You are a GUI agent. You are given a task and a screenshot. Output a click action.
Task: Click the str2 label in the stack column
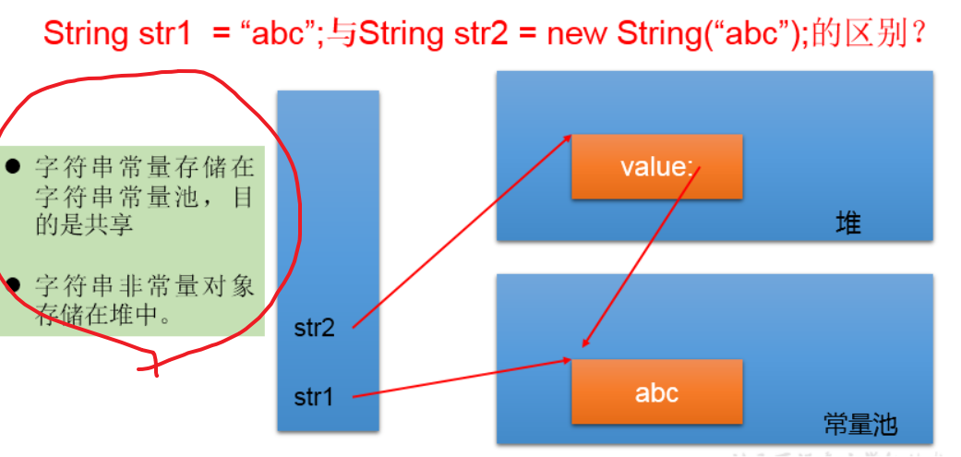pos(315,329)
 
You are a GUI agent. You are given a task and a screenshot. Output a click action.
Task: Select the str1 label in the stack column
pos(313,398)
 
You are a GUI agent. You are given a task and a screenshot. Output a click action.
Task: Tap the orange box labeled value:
pos(656,166)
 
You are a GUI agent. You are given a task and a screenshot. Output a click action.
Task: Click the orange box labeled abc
pos(656,392)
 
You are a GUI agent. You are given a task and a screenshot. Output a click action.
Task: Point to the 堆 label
pos(848,224)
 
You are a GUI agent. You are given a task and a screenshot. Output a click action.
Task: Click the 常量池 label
pos(860,424)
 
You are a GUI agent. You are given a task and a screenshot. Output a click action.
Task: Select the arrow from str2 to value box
pos(462,232)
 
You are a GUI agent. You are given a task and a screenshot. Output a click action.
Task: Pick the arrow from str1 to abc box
pos(462,379)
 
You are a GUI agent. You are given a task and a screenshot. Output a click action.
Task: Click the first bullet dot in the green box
pos(12,165)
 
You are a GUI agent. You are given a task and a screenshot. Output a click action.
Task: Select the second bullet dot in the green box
pos(12,284)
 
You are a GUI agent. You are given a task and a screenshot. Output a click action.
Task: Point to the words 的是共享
pos(84,225)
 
